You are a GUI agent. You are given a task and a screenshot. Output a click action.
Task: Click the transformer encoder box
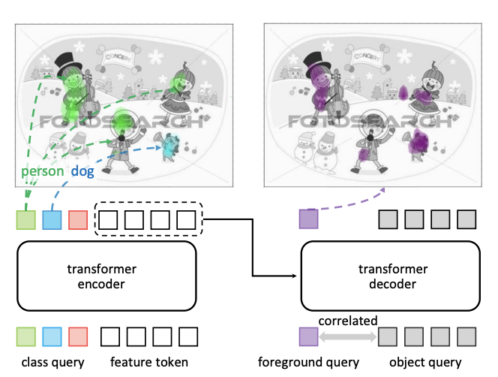tap(106, 276)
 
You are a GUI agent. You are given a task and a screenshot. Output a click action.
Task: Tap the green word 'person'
tap(42, 172)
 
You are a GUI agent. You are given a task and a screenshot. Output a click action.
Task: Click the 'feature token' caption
tap(149, 363)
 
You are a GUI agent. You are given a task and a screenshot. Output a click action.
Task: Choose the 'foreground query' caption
tap(309, 363)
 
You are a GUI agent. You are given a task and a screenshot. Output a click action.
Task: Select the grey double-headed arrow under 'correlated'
tap(348, 336)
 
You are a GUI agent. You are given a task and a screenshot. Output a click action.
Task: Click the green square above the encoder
tap(26, 219)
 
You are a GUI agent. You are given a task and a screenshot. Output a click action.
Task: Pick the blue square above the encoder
tap(52, 219)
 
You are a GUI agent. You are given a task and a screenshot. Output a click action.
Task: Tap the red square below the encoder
tap(78, 336)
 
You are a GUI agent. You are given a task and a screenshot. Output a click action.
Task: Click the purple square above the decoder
tap(309, 219)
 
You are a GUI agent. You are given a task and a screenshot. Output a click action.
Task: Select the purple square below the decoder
tap(309, 336)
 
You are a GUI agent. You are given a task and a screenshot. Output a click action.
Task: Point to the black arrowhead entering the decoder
tap(295, 276)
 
